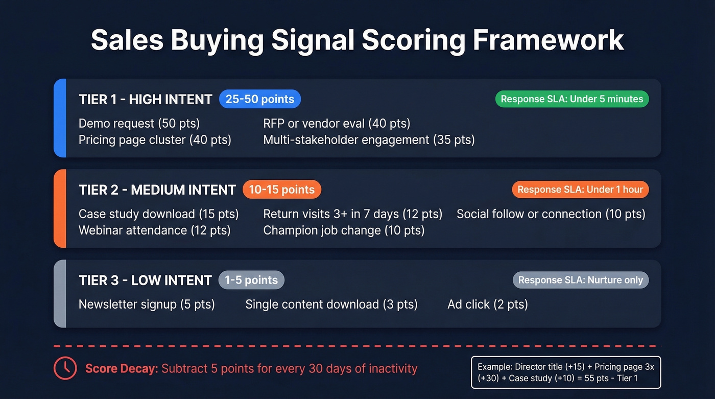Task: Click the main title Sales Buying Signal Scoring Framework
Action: coord(357,40)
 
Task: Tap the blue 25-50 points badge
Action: coord(260,99)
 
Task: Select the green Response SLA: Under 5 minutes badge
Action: coord(571,99)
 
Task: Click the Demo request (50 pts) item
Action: coord(139,124)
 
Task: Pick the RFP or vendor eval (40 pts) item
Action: coord(337,124)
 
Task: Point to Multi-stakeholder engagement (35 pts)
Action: coord(369,140)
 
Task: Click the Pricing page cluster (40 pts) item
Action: coord(155,140)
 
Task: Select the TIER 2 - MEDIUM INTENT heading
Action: coord(157,190)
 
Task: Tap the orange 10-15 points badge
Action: coord(281,190)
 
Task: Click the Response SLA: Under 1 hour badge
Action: coord(580,190)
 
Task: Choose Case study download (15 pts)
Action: coord(158,214)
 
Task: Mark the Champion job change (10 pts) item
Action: coord(344,230)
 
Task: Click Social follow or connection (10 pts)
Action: coord(551,214)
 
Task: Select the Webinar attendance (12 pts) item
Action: coord(154,230)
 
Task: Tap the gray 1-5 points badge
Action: coord(251,280)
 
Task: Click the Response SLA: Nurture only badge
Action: coord(581,280)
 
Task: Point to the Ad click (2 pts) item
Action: coord(487,304)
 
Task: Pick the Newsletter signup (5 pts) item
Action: coord(147,304)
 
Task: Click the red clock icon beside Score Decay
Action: coord(65,368)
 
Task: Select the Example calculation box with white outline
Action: coord(565,372)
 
